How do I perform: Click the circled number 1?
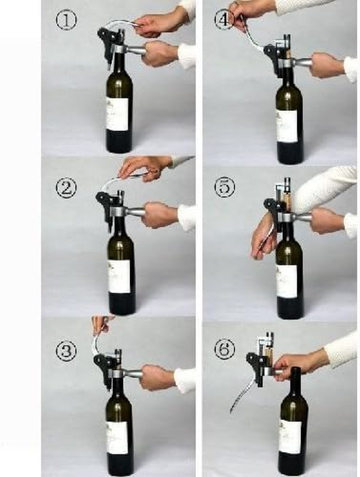coord(66,20)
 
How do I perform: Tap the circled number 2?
coord(66,188)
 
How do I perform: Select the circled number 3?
coord(66,351)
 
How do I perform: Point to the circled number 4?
coord(224,20)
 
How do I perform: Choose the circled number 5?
coord(224,188)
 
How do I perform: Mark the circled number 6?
coord(224,349)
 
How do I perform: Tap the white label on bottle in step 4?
coord(287,126)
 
